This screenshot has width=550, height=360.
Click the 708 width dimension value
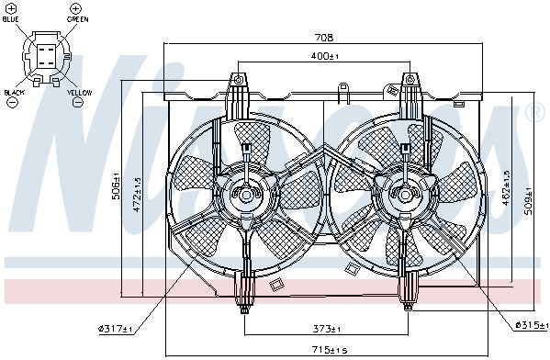tap(324, 37)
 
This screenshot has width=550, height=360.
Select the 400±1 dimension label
tap(325, 56)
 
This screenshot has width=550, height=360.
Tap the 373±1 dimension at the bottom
tap(327, 329)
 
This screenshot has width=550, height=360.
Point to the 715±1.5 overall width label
tap(330, 350)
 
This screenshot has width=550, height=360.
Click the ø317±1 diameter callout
tap(116, 329)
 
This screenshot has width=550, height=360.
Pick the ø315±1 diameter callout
tap(532, 325)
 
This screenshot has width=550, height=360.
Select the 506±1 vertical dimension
tap(116, 186)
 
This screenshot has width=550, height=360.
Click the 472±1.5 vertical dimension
tap(137, 194)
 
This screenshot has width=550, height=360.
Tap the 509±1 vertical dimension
tap(529, 200)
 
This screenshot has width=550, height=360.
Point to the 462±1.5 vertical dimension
tap(506, 188)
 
